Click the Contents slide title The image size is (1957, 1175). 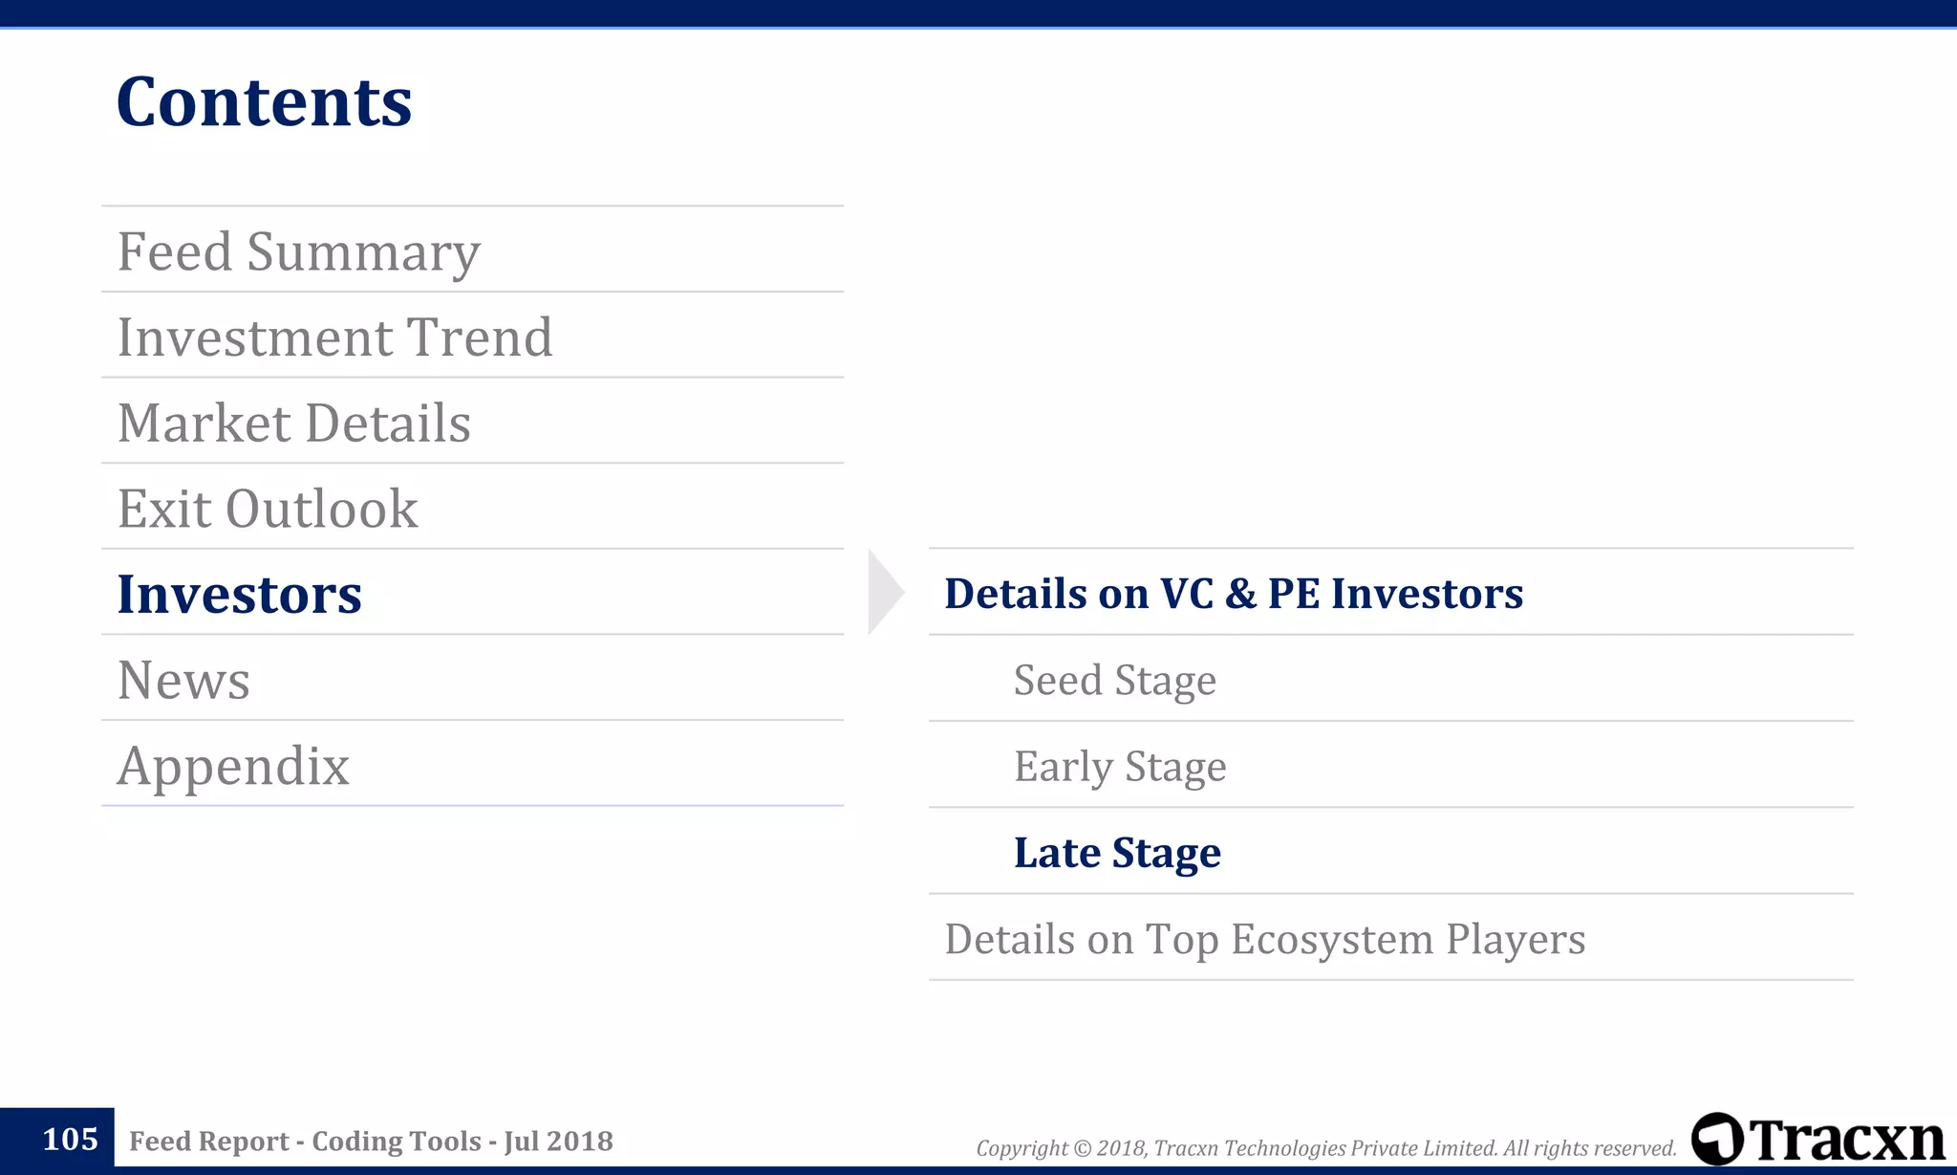click(264, 101)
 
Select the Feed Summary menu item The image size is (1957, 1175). click(298, 251)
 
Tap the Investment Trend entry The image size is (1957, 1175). click(334, 337)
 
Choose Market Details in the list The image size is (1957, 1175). click(293, 423)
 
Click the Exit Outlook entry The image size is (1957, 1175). click(268, 509)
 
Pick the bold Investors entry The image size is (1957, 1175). click(239, 594)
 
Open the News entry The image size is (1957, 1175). click(183, 680)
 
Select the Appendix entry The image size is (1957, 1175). click(233, 766)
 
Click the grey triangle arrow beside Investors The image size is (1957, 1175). click(883, 592)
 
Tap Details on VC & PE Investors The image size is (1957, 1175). click(1233, 594)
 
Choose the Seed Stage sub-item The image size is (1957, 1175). click(1114, 681)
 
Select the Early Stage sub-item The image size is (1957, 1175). click(1119, 767)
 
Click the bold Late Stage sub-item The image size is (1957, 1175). click(1116, 853)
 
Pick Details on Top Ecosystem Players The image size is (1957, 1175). click(1264, 939)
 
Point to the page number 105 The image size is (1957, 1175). click(70, 1139)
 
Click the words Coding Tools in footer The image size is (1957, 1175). click(397, 1141)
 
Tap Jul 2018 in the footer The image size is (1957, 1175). click(558, 1141)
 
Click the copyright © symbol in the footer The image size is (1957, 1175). click(1082, 1148)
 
